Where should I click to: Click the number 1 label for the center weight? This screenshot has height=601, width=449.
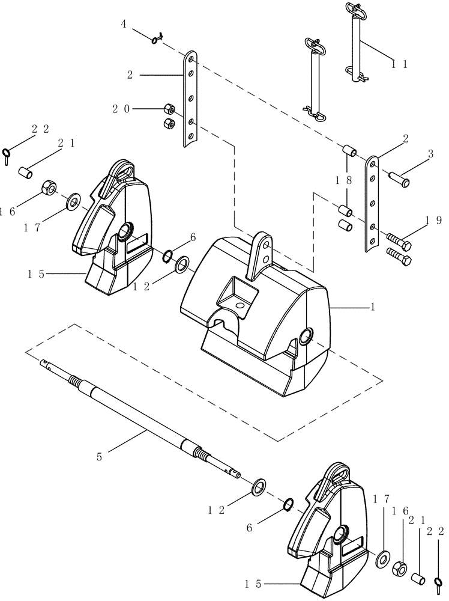click(x=373, y=307)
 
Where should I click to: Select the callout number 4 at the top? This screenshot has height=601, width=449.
click(x=123, y=25)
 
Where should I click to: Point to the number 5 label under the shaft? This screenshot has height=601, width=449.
click(x=100, y=457)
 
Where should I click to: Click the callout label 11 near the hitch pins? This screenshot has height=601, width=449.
click(x=399, y=64)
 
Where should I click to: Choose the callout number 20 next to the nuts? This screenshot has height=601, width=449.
click(x=119, y=109)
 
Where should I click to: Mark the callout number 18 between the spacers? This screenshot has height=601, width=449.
click(x=348, y=180)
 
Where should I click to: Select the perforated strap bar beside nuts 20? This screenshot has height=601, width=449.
click(x=190, y=99)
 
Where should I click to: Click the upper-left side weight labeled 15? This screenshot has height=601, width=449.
click(x=114, y=228)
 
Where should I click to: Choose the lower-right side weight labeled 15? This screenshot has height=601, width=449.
click(x=330, y=529)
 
